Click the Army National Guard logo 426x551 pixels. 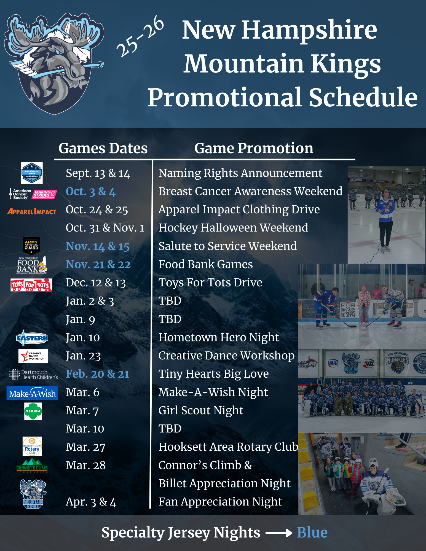pyautogui.click(x=31, y=245)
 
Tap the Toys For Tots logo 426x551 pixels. pyautogui.click(x=31, y=285)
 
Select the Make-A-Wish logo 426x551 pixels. pyautogui.click(x=32, y=393)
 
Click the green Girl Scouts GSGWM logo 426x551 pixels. pyautogui.click(x=33, y=411)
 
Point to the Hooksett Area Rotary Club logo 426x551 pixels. pyautogui.click(x=32, y=446)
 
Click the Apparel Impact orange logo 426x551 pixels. pyautogui.click(x=32, y=211)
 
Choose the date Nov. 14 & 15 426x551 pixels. pyautogui.click(x=98, y=246)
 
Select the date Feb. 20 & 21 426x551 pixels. pyautogui.click(x=97, y=374)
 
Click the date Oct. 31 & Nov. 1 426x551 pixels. pyautogui.click(x=105, y=228)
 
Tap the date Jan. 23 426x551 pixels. pyautogui.click(x=83, y=356)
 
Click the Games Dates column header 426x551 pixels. pyautogui.click(x=103, y=148)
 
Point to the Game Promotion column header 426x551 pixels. pyautogui.click(x=254, y=148)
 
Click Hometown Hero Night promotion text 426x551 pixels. pyautogui.click(x=219, y=337)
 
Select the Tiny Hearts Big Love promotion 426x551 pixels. pyautogui.click(x=213, y=374)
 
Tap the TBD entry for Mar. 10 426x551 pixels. pyautogui.click(x=170, y=429)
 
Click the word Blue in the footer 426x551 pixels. pyautogui.click(x=312, y=533)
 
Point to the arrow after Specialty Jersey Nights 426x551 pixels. pyautogui.click(x=278, y=533)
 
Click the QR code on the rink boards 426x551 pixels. pyautogui.click(x=348, y=310)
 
